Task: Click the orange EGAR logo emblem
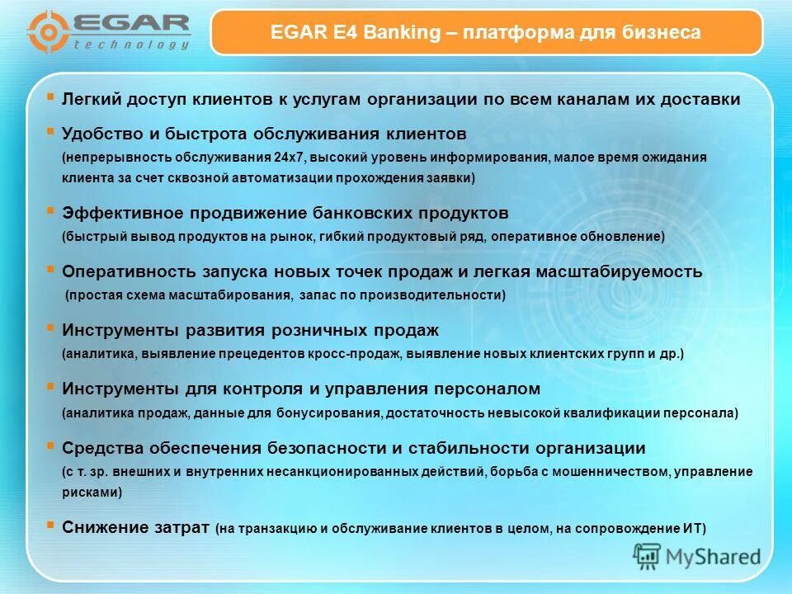[47, 31]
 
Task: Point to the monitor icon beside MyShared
[648, 556]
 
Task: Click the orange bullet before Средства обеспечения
[51, 445]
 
